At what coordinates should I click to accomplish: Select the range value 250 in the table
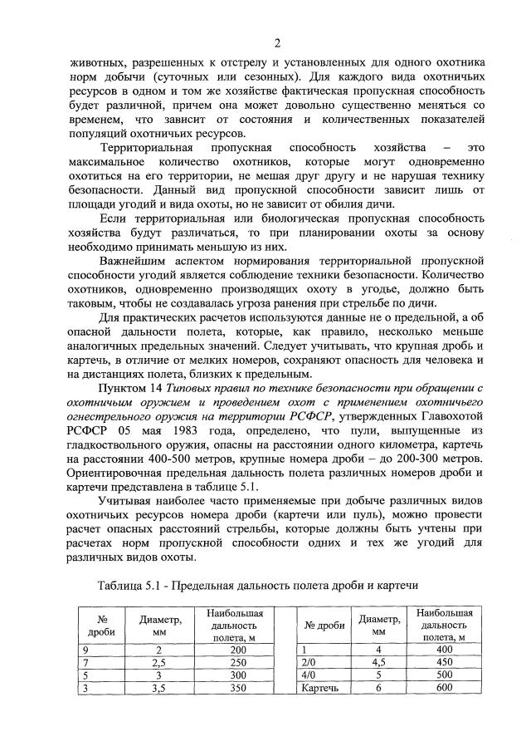click(216, 662)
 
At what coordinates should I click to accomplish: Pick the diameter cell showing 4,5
click(379, 662)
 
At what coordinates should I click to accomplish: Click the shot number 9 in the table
click(85, 649)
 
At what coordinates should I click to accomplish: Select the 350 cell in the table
click(216, 689)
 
